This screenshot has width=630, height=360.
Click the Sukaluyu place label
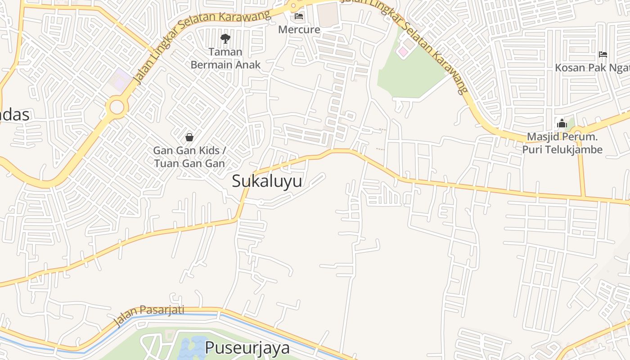tap(267, 181)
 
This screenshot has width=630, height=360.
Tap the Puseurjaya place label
tap(247, 348)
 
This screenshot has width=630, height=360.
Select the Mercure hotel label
tap(299, 30)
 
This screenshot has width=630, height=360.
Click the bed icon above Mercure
tap(299, 17)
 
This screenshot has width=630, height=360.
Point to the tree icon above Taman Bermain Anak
tap(225, 39)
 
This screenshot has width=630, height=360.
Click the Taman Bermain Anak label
tap(225, 58)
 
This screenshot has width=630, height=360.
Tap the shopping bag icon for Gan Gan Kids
tap(189, 137)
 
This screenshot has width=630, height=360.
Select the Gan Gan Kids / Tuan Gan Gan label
tap(189, 157)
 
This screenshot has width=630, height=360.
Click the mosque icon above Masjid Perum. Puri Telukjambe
tap(562, 123)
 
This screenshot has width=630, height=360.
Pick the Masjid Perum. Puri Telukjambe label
tap(562, 143)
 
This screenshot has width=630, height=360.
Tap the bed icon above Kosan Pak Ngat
tap(603, 54)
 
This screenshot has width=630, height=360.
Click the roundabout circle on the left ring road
tap(117, 108)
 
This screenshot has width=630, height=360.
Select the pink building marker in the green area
tap(403, 52)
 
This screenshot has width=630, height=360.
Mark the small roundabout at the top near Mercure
tap(293, 6)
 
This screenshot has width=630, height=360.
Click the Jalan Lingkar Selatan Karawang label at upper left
tap(202, 45)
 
